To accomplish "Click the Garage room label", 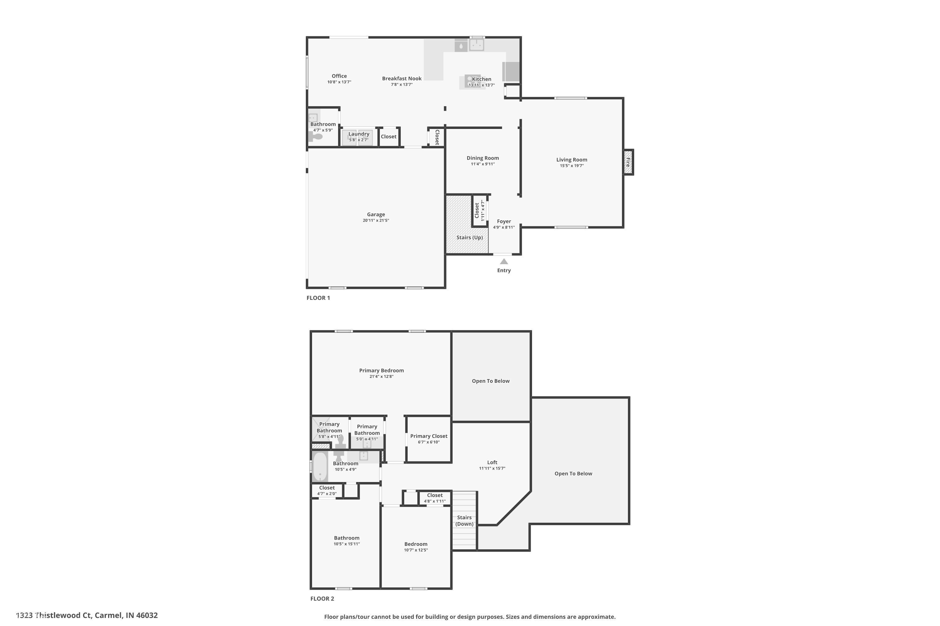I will point(376,214).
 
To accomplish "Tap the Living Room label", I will point(572,160).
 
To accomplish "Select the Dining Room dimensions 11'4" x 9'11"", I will point(483,164).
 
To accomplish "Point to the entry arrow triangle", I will point(504,261).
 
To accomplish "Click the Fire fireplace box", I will point(628,162).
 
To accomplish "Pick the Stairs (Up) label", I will point(470,238).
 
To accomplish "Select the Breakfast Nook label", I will point(402,79).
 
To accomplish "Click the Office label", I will point(339,76).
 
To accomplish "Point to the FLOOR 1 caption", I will point(318,298).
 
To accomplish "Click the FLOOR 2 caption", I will point(322,598).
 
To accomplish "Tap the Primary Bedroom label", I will point(381,371).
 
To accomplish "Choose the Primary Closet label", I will point(428,436).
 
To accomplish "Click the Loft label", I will point(492,462).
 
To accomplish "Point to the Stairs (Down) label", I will point(464,521).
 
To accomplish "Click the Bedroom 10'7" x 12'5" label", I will point(416,544).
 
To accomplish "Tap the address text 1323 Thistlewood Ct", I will point(87,615).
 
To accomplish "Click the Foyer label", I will point(504,221).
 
